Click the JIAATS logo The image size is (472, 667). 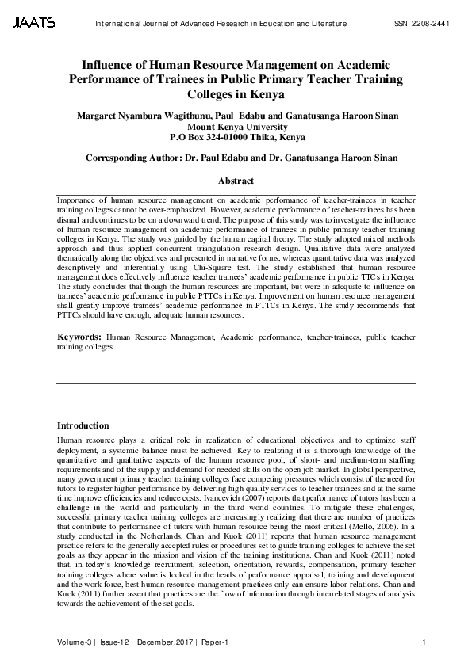(33, 24)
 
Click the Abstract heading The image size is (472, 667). (236, 181)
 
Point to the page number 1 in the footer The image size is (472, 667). (426, 641)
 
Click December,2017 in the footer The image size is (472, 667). (163, 641)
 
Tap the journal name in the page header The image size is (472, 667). (221, 24)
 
